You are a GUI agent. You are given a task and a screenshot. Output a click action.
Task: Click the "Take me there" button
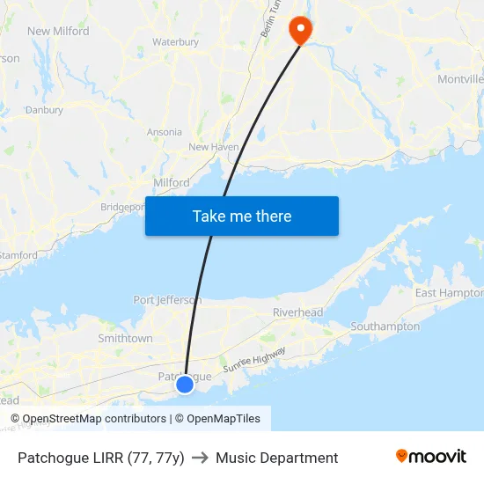pyautogui.click(x=242, y=216)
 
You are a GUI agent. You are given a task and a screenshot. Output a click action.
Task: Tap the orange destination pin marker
pyautogui.click(x=301, y=29)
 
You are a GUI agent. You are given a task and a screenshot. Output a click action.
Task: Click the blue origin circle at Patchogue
pyautogui.click(x=185, y=385)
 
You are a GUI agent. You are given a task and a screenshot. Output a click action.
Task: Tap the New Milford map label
pyautogui.click(x=58, y=31)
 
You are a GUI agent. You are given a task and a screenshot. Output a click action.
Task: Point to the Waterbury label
pyautogui.click(x=175, y=41)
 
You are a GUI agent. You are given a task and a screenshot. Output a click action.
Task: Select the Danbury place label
pyautogui.click(x=44, y=110)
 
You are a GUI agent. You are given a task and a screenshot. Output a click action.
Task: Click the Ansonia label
pyautogui.click(x=165, y=132)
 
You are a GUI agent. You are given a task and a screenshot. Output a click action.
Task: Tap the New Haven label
pyautogui.click(x=214, y=147)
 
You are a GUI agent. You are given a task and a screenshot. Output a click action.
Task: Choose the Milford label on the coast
pyautogui.click(x=172, y=182)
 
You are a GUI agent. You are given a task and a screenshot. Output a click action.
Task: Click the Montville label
pyautogui.click(x=460, y=79)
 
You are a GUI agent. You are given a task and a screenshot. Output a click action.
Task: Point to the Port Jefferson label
pyautogui.click(x=167, y=300)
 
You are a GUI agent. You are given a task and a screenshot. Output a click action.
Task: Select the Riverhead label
pyautogui.click(x=297, y=312)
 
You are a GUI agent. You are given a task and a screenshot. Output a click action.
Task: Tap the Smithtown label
pyautogui.click(x=125, y=338)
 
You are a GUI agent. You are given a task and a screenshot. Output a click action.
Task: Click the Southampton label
pyautogui.click(x=385, y=326)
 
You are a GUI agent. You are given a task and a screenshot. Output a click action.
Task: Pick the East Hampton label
pyautogui.click(x=449, y=293)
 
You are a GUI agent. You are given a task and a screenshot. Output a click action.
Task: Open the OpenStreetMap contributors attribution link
pyautogui.click(x=94, y=419)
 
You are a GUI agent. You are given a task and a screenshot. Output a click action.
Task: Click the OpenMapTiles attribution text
pyautogui.click(x=224, y=419)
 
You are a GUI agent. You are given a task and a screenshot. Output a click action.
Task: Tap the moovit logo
pyautogui.click(x=431, y=457)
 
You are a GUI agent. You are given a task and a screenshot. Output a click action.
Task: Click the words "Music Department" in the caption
pyautogui.click(x=276, y=458)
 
